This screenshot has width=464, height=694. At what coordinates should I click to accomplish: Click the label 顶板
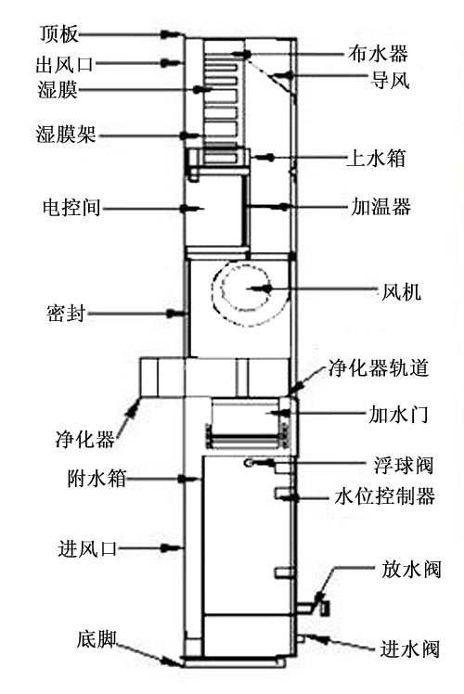click(x=58, y=34)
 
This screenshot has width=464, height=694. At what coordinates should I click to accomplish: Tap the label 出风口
click(x=65, y=64)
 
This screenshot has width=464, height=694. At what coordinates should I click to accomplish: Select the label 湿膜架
click(x=66, y=135)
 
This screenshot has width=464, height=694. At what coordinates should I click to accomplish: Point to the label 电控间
click(x=72, y=208)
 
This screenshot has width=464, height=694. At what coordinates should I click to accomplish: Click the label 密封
click(x=66, y=314)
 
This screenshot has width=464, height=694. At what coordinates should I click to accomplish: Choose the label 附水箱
click(x=97, y=479)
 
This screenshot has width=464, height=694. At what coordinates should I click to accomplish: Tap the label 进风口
click(x=87, y=549)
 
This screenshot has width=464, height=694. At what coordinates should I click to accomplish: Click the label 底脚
click(x=97, y=639)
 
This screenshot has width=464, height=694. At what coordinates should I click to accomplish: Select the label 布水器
click(x=378, y=54)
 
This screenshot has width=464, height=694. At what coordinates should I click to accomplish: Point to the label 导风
click(x=390, y=80)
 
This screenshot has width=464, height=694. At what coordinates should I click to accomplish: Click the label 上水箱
click(x=376, y=158)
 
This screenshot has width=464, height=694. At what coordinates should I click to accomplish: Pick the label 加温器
click(x=381, y=207)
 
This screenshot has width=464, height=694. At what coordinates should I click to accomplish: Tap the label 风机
click(x=401, y=292)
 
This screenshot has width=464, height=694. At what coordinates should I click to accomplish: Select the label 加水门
click(x=398, y=415)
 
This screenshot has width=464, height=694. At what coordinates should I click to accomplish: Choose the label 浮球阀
click(x=404, y=465)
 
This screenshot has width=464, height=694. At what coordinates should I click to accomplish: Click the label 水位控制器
click(x=384, y=496)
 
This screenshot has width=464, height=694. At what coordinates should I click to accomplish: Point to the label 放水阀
click(x=411, y=570)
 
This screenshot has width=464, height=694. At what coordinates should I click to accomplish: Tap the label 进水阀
click(x=409, y=649)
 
